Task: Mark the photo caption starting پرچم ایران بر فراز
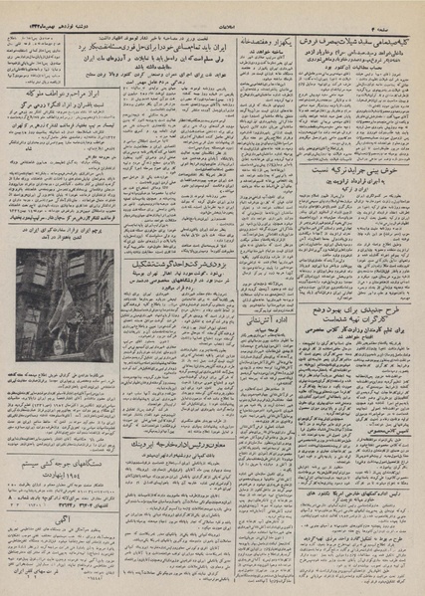[x=62, y=245]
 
